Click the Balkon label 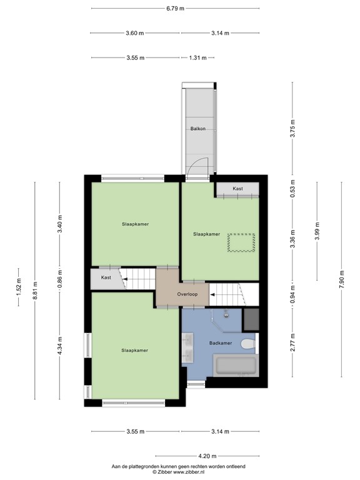pyautogui.click(x=198, y=129)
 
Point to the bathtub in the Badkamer pyautogui.click(x=235, y=366)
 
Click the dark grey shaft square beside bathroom pyautogui.click(x=251, y=319)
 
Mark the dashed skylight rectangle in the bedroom pyautogui.click(x=241, y=242)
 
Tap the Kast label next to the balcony pyautogui.click(x=237, y=188)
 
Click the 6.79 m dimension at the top pyautogui.click(x=175, y=8)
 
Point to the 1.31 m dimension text pyautogui.click(x=197, y=57)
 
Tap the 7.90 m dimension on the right pyautogui.click(x=341, y=279)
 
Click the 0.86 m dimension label pyautogui.click(x=60, y=277)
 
